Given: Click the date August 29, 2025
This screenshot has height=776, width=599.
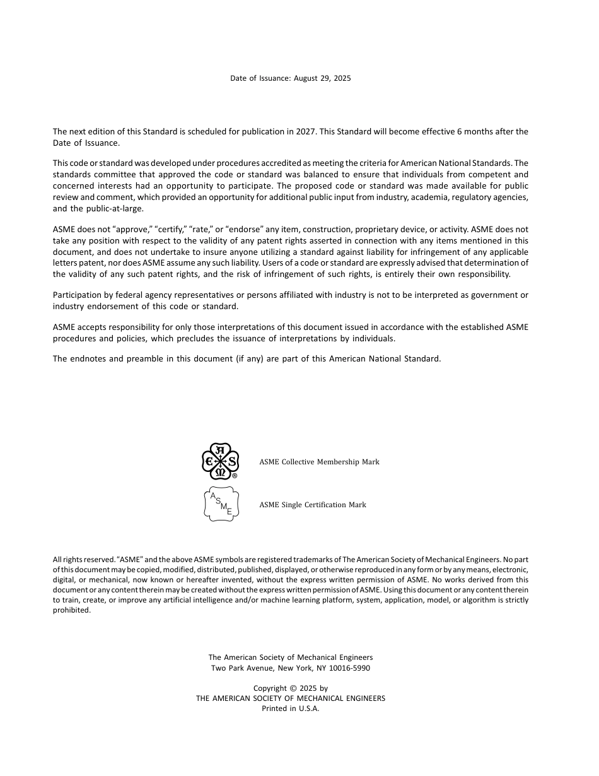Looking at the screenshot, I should tap(322, 78).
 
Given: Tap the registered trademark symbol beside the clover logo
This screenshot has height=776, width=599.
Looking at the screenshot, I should tap(235, 476).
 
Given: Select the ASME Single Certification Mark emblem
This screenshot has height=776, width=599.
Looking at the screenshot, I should tap(221, 504).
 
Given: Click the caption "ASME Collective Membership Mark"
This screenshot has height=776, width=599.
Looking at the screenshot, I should tap(319, 462).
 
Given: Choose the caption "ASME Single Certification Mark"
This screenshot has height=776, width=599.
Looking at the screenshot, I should tap(313, 505).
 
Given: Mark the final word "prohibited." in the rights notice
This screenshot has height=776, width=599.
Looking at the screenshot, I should tap(72, 610).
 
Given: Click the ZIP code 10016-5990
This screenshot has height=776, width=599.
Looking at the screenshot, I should tap(351, 667).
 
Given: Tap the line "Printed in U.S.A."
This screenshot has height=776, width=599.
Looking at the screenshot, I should tap(291, 708).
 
